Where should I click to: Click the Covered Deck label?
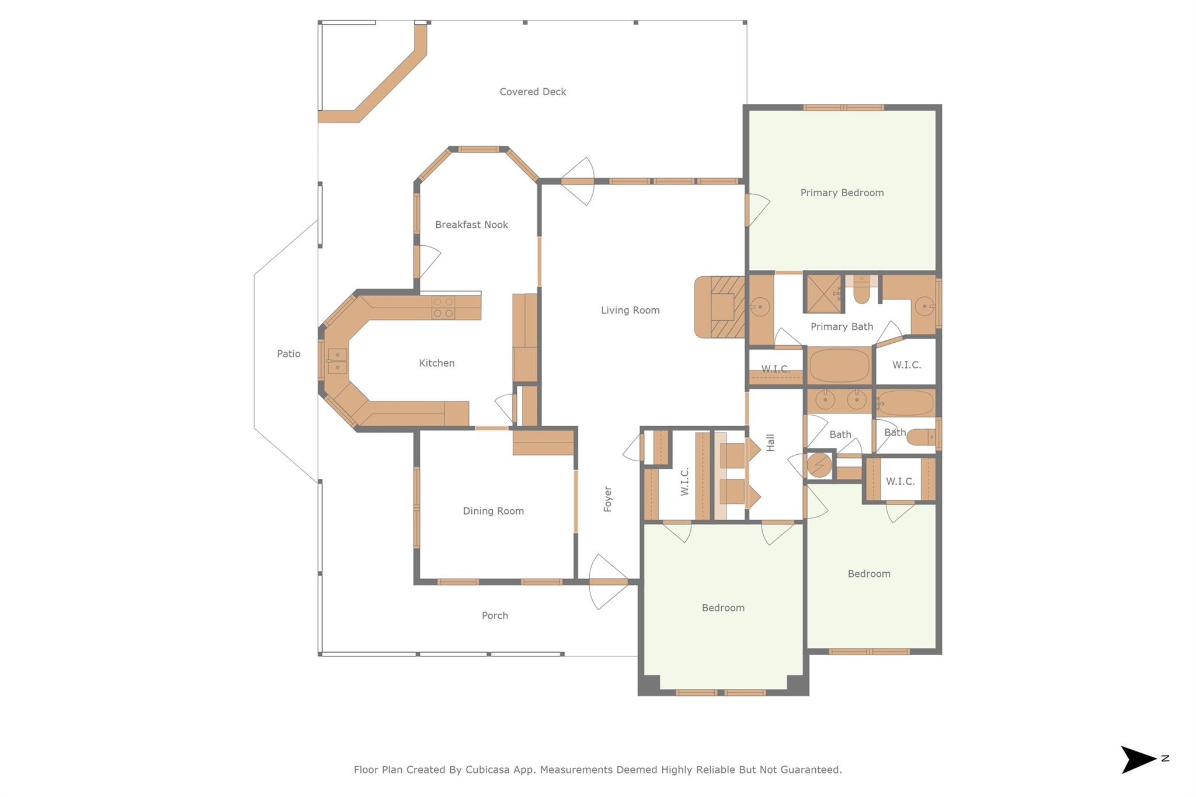point(533,92)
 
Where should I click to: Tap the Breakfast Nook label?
point(471,225)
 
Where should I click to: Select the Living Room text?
point(630,310)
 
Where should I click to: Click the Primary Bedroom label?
point(842,193)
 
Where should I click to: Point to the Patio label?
point(288,354)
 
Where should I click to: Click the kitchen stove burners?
point(443,308)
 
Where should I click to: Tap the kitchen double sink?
point(337,361)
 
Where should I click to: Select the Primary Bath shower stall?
point(823,293)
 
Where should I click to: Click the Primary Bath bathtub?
point(839,366)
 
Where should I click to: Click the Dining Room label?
point(493,511)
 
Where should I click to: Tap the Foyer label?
point(607,499)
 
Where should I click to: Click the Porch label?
point(495,615)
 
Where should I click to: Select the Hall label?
point(770,443)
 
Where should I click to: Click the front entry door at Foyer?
point(608,582)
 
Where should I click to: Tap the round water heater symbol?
point(819,465)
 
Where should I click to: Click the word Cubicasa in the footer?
point(489,770)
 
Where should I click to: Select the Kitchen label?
point(436,363)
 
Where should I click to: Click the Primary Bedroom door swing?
point(758,210)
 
